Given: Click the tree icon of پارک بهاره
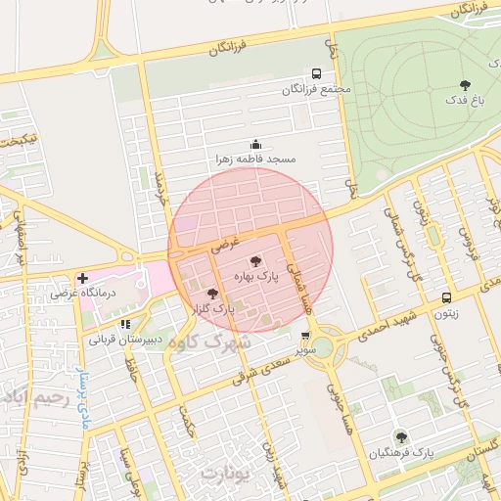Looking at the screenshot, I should click(255, 261).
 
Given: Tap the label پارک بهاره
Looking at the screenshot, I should click(255, 278).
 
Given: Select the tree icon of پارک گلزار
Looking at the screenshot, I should click(211, 293).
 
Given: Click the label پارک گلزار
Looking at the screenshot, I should click(212, 309).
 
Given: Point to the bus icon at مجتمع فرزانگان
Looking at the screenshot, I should click(316, 73).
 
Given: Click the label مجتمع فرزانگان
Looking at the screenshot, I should click(316, 90).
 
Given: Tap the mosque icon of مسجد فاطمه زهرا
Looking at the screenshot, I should click(256, 144).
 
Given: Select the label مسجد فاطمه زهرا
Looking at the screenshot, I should click(256, 159).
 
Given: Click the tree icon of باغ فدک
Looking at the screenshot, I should click(465, 84).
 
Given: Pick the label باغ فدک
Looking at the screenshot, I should click(464, 100).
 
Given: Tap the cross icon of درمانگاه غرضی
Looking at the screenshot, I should click(82, 278).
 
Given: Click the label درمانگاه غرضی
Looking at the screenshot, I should click(83, 293).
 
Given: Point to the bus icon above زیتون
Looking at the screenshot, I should click(447, 297).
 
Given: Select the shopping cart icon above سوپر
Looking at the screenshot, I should click(306, 335).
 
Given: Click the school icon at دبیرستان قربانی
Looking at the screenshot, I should click(124, 324).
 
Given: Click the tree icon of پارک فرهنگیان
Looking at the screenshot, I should click(400, 436).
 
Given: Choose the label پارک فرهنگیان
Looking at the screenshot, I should click(400, 453).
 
